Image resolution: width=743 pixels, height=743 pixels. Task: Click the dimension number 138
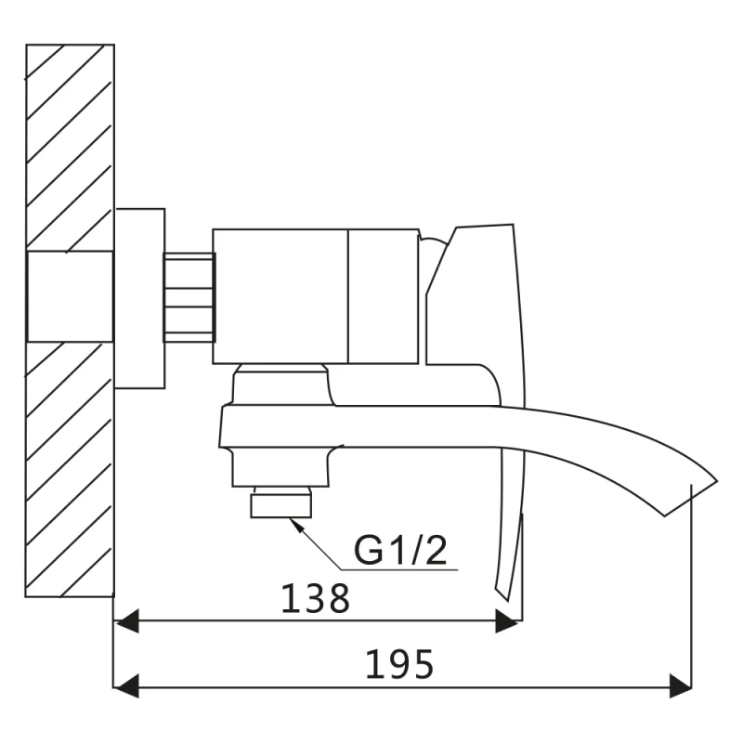pos(316,598)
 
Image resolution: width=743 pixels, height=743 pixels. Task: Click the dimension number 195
pos(399,664)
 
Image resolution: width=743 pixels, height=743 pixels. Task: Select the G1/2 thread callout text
pos(400,550)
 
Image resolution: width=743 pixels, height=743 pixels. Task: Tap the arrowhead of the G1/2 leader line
pos(295,524)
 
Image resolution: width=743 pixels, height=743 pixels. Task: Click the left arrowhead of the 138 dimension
pos(126,620)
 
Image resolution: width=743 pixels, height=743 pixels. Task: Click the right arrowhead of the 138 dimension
pos(506,620)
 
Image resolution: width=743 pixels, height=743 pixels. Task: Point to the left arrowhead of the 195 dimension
pos(126,686)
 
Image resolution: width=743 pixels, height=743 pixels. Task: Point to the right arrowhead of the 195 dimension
pos(681,686)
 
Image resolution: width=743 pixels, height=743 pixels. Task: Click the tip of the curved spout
pos(717,482)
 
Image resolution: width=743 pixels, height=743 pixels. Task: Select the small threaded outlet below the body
pos(281,505)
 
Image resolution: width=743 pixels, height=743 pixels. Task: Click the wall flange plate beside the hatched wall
pos(140,298)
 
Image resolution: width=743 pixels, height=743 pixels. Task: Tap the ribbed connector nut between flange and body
pos(189,297)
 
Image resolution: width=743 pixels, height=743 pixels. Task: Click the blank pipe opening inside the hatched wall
pos(71,296)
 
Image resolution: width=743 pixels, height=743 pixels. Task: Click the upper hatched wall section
pos(71,148)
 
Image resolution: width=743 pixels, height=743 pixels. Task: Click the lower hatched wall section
pos(71,469)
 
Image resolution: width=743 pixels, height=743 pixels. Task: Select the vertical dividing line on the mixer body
pos(348,296)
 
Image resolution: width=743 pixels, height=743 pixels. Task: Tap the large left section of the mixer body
pos(280,296)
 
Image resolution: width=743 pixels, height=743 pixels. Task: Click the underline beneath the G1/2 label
pos(399,569)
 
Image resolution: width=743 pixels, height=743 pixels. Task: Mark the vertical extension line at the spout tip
pos(691,586)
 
